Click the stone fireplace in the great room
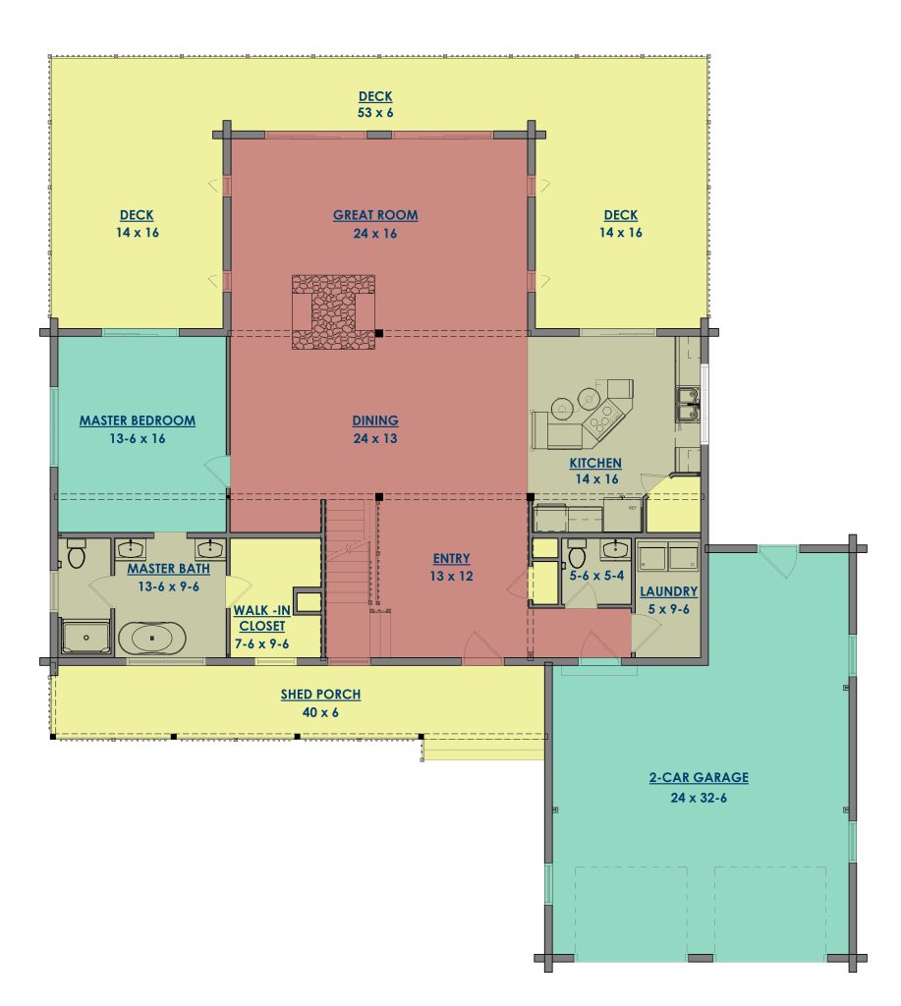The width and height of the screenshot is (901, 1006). pyautogui.click(x=333, y=312)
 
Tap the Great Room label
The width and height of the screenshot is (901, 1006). pyautogui.click(x=375, y=215)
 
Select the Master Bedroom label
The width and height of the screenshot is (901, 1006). pyautogui.click(x=138, y=420)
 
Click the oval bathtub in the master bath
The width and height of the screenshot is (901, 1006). pyautogui.click(x=152, y=638)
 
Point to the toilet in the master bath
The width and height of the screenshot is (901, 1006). pyautogui.click(x=76, y=556)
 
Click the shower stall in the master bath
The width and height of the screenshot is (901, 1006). pyautogui.click(x=85, y=637)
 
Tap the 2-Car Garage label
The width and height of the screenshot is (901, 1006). pyautogui.click(x=699, y=778)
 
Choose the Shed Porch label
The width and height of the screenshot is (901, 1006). pyautogui.click(x=320, y=695)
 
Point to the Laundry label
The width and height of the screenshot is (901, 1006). pyautogui.click(x=669, y=591)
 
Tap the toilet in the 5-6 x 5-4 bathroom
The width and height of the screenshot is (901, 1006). pyautogui.click(x=577, y=556)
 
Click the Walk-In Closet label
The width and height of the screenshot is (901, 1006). pyautogui.click(x=261, y=618)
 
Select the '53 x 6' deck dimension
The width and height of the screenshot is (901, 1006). pyautogui.click(x=375, y=113)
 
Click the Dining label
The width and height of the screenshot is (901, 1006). pyautogui.click(x=375, y=420)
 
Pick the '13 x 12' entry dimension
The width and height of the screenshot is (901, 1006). pyautogui.click(x=452, y=576)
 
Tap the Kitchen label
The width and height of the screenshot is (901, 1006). pyautogui.click(x=595, y=464)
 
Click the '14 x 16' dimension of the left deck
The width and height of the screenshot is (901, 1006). pyautogui.click(x=138, y=233)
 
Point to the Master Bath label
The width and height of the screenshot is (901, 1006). pyautogui.click(x=168, y=569)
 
